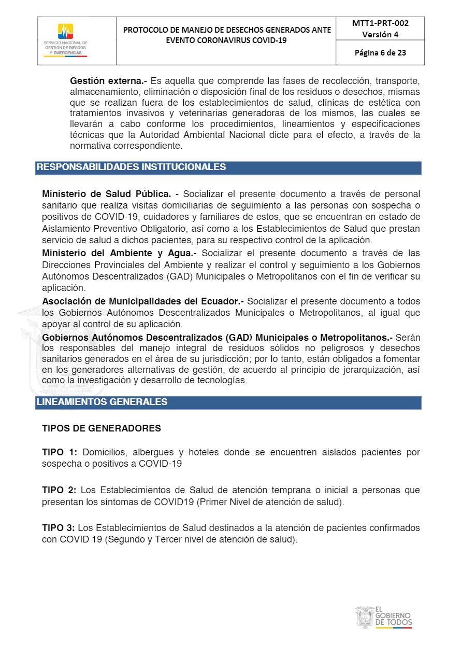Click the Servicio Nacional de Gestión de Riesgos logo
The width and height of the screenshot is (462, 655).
click(x=65, y=40)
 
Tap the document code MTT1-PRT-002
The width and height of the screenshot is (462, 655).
click(x=380, y=23)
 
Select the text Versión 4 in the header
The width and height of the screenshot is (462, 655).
click(x=380, y=35)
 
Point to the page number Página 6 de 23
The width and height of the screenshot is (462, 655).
click(x=380, y=52)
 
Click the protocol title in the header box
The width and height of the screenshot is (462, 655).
click(x=226, y=35)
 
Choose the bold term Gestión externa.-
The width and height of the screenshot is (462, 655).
click(x=108, y=81)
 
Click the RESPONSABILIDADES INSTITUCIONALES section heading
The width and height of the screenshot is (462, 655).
click(x=131, y=167)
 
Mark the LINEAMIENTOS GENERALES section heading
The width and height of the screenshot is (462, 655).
click(x=102, y=402)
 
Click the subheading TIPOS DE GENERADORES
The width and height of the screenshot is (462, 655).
click(x=102, y=428)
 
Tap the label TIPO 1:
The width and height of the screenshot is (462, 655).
click(x=60, y=452)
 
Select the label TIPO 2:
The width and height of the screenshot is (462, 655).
click(x=60, y=490)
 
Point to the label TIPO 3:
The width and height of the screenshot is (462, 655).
click(x=60, y=528)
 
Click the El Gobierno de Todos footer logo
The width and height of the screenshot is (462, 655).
click(x=384, y=617)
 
